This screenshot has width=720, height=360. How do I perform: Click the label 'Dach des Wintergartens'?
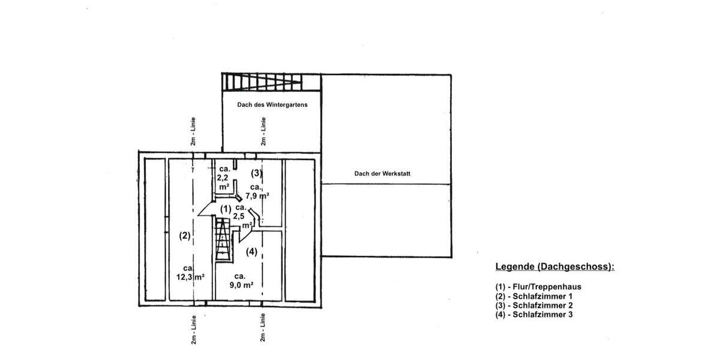(x=272, y=104)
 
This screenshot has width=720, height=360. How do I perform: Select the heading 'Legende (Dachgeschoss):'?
(x=554, y=266)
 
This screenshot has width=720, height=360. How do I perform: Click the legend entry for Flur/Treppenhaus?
(x=538, y=286)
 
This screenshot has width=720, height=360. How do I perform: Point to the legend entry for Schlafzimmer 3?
(x=534, y=314)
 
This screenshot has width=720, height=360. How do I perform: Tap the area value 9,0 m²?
(x=241, y=285)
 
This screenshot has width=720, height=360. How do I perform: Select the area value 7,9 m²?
(x=257, y=195)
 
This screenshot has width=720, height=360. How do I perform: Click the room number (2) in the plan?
(x=185, y=236)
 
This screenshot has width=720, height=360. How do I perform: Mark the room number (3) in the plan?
(x=257, y=173)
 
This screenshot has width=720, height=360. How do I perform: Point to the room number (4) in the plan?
(x=251, y=251)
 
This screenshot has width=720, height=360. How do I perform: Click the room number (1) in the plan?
(x=226, y=209)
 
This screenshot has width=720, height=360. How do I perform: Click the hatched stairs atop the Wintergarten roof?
(x=262, y=81)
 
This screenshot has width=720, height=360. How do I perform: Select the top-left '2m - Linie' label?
(x=193, y=131)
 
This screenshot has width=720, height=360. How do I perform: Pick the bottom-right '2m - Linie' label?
(x=263, y=328)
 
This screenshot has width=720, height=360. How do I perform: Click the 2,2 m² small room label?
(x=223, y=178)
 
